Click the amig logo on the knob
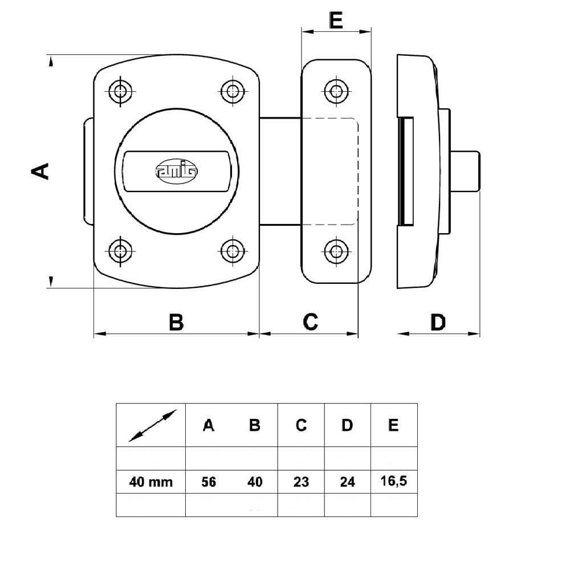pos(177,170)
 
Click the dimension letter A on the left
pos(40,171)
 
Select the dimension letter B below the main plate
pos(176,321)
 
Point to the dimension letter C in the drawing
pos(311,321)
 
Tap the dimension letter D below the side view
pos(438,322)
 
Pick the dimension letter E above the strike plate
pos(336,20)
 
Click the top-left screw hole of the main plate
pos(120,91)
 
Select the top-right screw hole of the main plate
pos(233,91)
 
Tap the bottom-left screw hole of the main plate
pos(120,251)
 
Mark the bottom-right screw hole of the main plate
pos(233,251)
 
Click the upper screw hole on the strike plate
pos(336,91)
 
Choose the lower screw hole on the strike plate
pos(336,251)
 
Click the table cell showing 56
pos(209,482)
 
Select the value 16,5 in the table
pos(394,481)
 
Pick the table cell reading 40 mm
pos(151,482)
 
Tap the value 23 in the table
pos(301,482)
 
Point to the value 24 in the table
pos(347,482)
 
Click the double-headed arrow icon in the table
pos(153,426)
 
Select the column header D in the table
pos(347,425)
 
